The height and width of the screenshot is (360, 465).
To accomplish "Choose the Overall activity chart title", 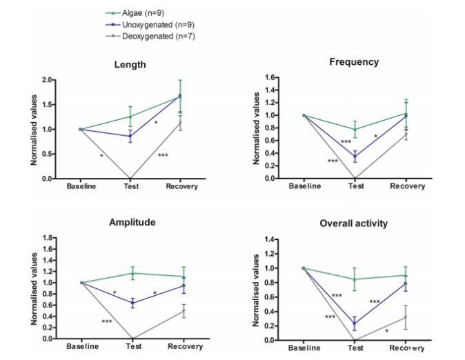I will [354, 224].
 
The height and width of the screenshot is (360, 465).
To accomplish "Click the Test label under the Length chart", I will [130, 186].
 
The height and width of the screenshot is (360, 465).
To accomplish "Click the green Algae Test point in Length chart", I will [130, 117].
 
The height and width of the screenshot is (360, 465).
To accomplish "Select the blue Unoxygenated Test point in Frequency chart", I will [355, 157].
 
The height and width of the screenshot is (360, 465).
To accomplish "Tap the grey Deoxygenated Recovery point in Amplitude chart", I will [183, 311].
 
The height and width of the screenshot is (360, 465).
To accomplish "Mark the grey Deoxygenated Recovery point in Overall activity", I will [406, 317].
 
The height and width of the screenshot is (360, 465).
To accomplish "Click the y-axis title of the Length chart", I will [33, 129].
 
